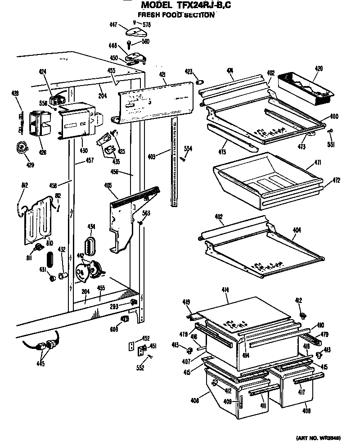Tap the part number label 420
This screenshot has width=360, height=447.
tap(319, 68)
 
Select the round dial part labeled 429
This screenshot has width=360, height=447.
tap(20, 147)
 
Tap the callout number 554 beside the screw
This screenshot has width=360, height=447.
tap(188, 148)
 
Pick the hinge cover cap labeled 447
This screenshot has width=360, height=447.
tap(135, 31)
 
